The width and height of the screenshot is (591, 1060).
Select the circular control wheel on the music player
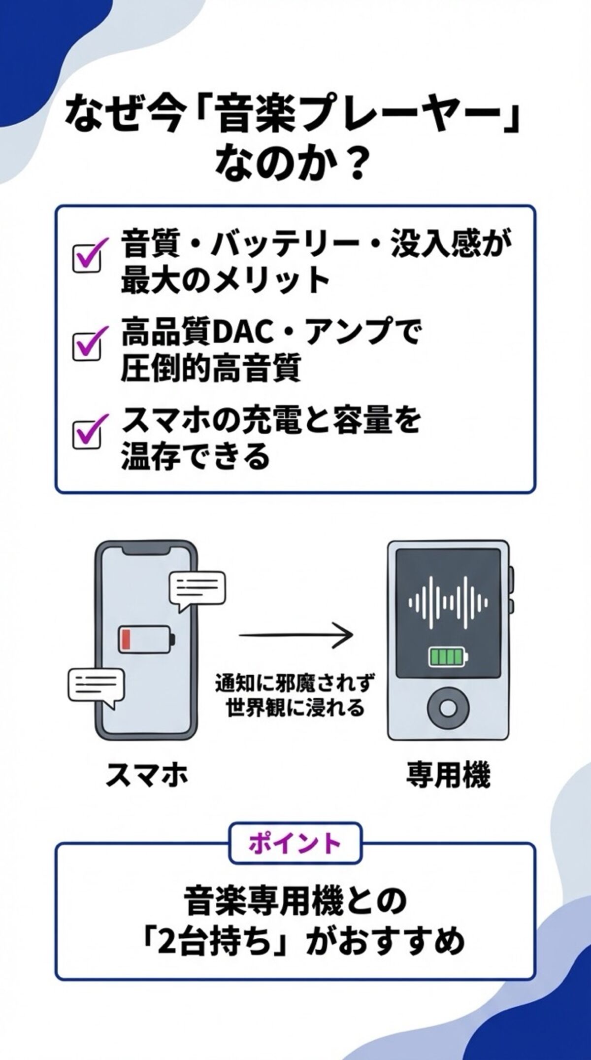click(448, 708)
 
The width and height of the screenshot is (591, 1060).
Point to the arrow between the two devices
click(296, 636)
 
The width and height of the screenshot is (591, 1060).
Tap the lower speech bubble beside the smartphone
click(96, 685)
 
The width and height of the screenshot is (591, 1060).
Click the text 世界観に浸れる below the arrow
click(295, 709)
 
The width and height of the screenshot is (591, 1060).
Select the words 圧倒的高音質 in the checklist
click(210, 371)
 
